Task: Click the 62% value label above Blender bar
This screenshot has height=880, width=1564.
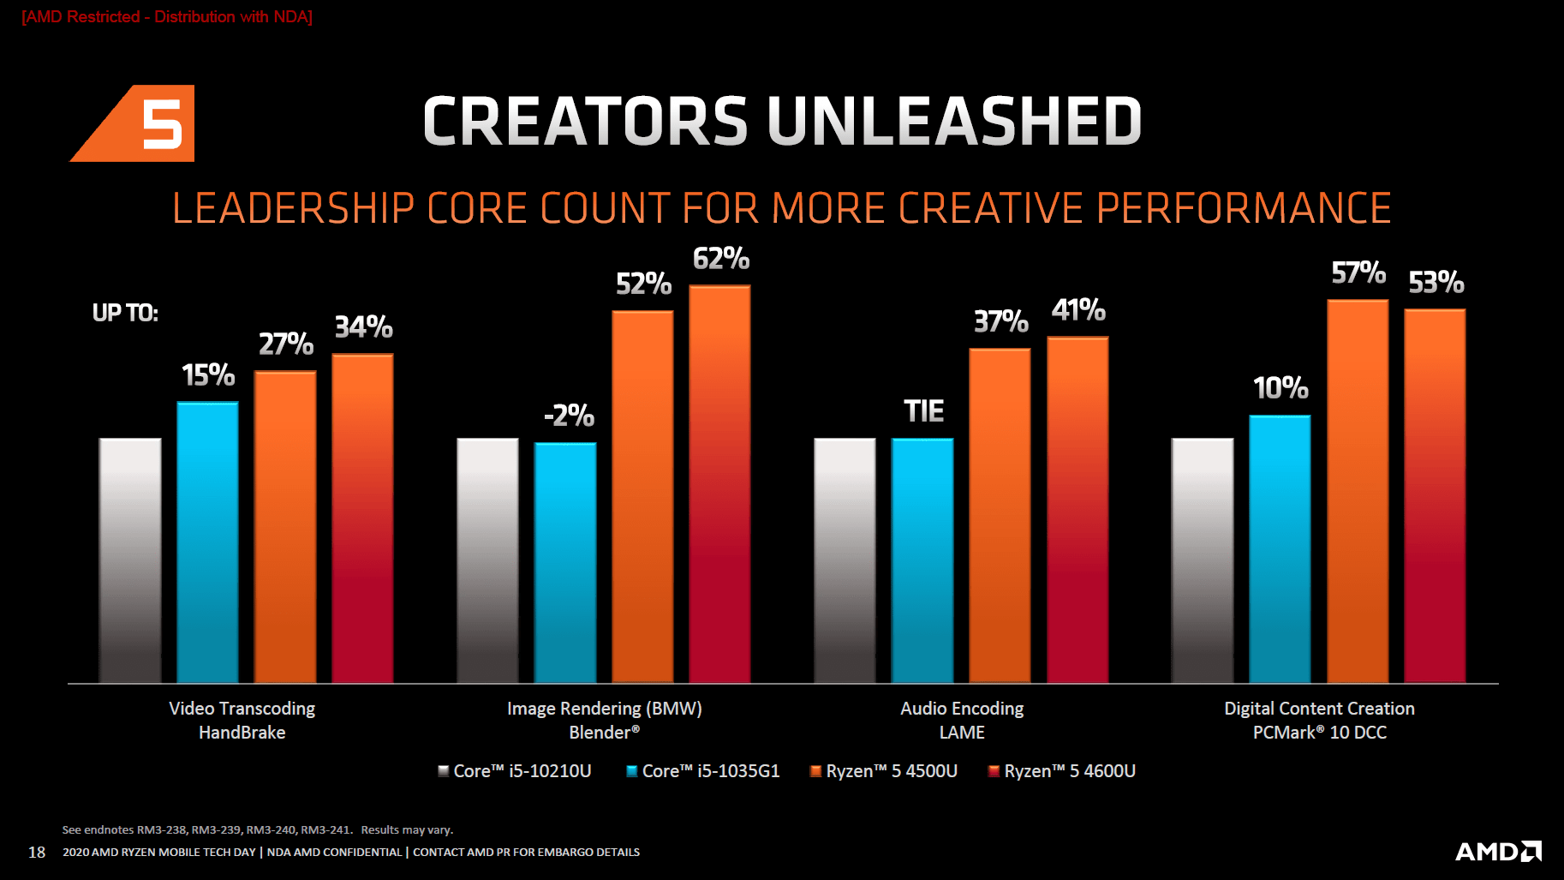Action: coord(721,259)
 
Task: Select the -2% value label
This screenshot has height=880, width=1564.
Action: coord(569,416)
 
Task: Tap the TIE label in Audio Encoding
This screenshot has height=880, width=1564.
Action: coord(923,411)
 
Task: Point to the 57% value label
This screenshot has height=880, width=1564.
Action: coord(1358,273)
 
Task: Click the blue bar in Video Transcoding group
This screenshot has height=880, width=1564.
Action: coord(207,542)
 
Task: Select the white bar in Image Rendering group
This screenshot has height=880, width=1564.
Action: coord(487,560)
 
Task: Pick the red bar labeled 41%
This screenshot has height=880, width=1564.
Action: coord(1077,510)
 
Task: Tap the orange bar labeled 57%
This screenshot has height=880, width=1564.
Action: coord(1358,491)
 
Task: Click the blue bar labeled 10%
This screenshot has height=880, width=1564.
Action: coord(1280,548)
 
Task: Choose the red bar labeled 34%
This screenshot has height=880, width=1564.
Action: coord(362,518)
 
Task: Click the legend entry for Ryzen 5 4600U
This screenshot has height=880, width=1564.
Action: coord(1061,771)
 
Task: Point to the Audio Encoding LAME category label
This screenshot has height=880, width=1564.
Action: coord(962,720)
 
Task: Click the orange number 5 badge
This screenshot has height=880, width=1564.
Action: coord(146,123)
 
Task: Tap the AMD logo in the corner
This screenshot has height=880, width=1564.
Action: coord(1498,851)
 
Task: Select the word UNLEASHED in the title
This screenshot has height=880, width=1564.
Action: coord(954,121)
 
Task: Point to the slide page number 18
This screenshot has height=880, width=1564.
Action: coord(37,852)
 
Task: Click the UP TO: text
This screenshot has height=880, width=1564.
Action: coord(125,313)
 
